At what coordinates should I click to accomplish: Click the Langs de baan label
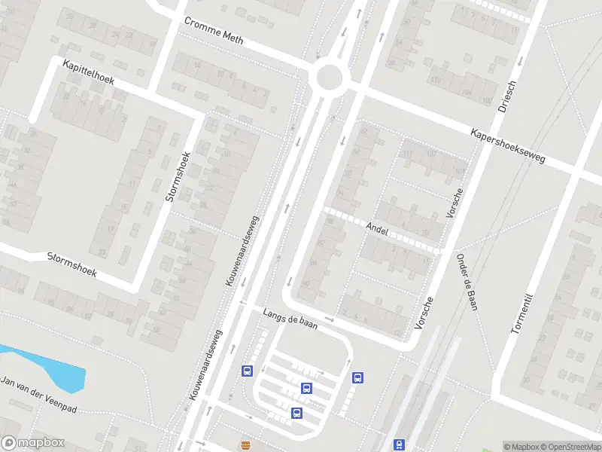click(290, 318)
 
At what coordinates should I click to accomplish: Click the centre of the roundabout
click(330, 77)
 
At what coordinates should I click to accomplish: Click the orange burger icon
click(245, 445)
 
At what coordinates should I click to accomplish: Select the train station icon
click(399, 445)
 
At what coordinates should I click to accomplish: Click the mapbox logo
click(33, 443)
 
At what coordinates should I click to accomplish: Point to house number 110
click(435, 80)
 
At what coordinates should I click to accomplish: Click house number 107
click(431, 154)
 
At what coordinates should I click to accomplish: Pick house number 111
click(409, 154)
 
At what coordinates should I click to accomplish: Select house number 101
click(459, 170)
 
